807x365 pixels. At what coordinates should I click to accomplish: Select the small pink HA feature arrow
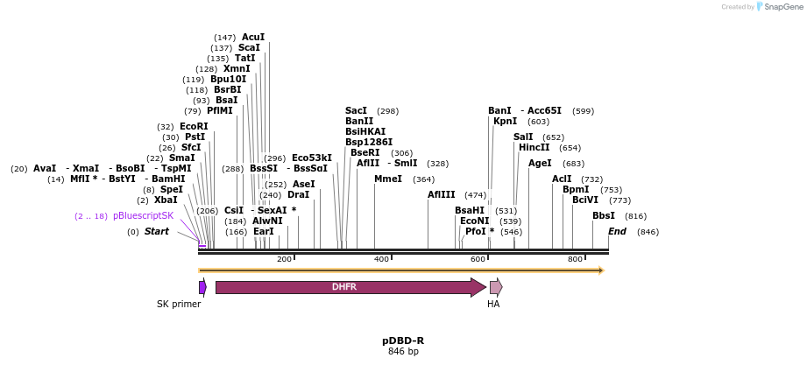495,287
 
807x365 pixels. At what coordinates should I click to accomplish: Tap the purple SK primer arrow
202,287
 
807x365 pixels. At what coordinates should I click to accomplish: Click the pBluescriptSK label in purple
143,215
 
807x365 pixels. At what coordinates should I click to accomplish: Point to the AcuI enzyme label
253,37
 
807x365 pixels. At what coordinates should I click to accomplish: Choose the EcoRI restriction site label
194,126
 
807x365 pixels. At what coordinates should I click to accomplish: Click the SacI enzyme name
356,111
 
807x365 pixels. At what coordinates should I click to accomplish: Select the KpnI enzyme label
505,122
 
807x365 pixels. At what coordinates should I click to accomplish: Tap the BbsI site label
604,215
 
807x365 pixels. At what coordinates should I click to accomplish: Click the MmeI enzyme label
387,179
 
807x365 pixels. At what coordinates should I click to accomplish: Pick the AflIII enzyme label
441,194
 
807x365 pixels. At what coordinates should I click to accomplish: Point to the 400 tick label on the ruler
381,260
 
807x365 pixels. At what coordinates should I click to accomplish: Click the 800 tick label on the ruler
575,260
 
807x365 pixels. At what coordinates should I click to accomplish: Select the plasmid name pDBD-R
403,340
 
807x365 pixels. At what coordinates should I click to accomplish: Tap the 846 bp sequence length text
403,352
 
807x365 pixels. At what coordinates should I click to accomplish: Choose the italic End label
617,231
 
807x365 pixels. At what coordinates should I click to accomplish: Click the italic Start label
156,231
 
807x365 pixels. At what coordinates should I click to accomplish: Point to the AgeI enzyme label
540,163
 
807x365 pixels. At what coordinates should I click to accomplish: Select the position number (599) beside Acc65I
583,111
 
